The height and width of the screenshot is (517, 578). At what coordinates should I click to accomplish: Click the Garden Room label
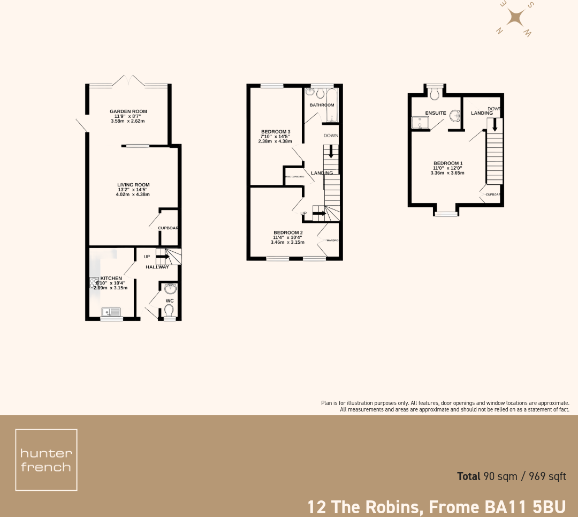[128, 111]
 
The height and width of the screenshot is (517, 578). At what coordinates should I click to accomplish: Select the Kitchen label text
[111, 279]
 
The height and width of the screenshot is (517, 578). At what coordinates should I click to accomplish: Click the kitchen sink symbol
[112, 311]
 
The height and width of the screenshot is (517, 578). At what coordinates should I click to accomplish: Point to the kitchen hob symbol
[93, 283]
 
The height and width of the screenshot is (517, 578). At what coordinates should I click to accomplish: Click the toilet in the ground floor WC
[169, 310]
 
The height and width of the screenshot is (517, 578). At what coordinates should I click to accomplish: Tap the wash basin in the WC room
[170, 289]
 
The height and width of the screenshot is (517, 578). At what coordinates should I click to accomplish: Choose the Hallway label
[157, 267]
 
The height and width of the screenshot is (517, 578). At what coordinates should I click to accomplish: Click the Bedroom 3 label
[276, 132]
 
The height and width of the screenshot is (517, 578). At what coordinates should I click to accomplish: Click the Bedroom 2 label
[287, 233]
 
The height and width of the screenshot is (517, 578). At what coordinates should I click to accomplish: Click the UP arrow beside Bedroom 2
[319, 214]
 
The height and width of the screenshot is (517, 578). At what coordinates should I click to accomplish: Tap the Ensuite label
[436, 113]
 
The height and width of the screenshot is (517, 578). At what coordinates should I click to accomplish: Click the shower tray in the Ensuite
[420, 124]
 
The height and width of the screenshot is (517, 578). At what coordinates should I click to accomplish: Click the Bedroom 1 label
[447, 163]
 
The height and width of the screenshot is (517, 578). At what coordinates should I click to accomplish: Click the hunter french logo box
[46, 460]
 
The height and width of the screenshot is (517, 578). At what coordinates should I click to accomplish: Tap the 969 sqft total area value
[547, 476]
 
